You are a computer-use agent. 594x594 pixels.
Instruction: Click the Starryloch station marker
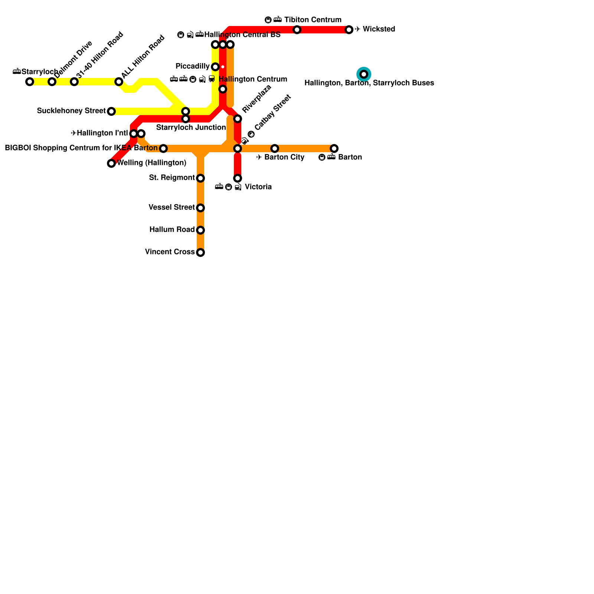(30, 82)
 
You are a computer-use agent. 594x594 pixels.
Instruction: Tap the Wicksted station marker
(349, 30)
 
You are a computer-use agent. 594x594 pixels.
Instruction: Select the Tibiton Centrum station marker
(297, 30)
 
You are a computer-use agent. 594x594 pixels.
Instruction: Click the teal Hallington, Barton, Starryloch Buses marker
(364, 74)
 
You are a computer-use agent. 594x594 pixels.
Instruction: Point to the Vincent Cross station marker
(200, 252)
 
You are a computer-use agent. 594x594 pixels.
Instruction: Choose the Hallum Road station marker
(200, 230)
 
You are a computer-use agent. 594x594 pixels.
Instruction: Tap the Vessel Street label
(172, 207)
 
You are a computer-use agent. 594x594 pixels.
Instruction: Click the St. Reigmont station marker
(200, 178)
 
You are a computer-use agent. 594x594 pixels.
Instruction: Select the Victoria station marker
(238, 178)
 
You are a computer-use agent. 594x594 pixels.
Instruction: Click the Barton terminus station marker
(334, 148)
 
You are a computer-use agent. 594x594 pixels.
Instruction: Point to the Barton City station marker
(275, 148)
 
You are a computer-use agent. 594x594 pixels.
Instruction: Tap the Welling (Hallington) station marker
(111, 163)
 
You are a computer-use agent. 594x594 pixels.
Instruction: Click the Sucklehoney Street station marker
(111, 111)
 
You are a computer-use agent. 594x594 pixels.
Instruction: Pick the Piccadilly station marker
(215, 67)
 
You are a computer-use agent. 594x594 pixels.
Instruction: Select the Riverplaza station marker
(238, 119)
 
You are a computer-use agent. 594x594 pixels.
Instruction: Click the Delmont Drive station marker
(52, 82)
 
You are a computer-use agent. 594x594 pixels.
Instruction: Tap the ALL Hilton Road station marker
(119, 82)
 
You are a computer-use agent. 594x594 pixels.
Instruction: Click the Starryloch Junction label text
(191, 128)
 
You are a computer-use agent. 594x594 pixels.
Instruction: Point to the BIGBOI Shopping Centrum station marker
(163, 148)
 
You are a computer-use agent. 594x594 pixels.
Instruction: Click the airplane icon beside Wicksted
(358, 29)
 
